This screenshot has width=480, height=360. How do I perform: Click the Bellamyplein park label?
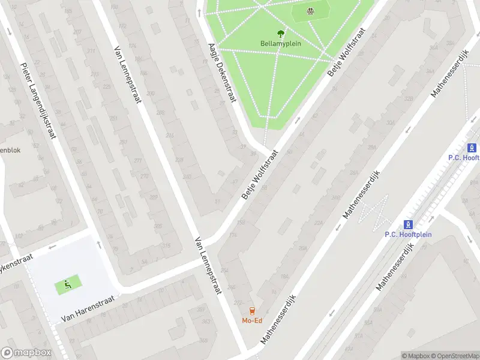click(281, 43)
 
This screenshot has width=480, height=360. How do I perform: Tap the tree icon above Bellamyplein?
click(280, 34)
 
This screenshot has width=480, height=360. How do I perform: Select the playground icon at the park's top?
click(310, 10)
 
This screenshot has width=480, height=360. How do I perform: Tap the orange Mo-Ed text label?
click(252, 320)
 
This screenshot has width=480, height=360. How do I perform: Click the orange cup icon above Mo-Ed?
click(252, 311)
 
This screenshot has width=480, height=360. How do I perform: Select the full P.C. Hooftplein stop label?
click(408, 235)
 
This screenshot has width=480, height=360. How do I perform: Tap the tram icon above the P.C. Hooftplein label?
click(408, 225)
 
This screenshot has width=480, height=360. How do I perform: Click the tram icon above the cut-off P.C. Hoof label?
click(472, 148)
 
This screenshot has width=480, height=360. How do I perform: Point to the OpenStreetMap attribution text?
click(454, 356)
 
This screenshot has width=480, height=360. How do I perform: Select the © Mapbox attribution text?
click(415, 356)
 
